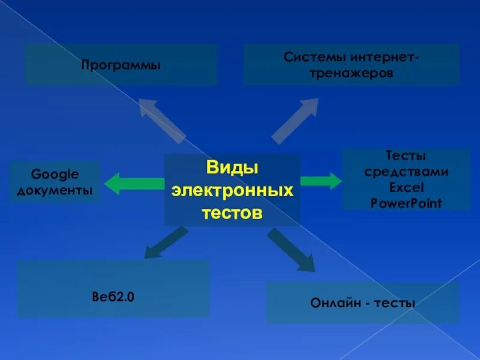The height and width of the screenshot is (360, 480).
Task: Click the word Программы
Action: tap(121, 64)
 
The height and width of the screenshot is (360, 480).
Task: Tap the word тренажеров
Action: tap(352, 74)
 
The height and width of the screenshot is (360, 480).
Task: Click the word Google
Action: tap(55, 175)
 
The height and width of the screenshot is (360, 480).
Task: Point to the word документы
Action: tap(55, 190)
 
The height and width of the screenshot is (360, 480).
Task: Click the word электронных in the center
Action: tap(232, 191)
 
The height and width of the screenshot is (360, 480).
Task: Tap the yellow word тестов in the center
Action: tap(232, 213)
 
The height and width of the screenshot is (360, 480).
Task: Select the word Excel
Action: tap(406, 187)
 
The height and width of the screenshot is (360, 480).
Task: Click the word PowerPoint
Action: tap(406, 203)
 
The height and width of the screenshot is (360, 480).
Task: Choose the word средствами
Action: tap(406, 172)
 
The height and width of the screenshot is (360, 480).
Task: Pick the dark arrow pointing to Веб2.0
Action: tap(165, 242)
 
